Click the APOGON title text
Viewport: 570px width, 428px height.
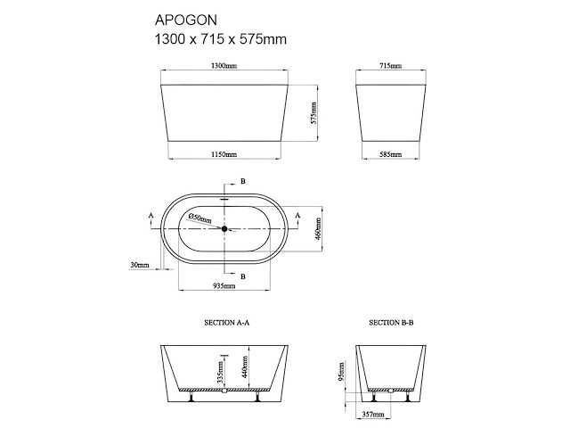tap(186, 21)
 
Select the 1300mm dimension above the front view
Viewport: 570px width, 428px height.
tap(224, 66)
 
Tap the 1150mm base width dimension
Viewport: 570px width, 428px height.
tap(224, 154)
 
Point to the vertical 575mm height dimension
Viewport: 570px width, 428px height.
tap(313, 113)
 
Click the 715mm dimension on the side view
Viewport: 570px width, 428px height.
tap(390, 66)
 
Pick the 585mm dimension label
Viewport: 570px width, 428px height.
tap(390, 154)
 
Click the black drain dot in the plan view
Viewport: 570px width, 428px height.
tap(224, 228)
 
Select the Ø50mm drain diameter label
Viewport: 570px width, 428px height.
tap(199, 218)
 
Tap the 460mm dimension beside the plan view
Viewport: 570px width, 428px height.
tap(318, 228)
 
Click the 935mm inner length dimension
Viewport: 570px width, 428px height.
tap(224, 285)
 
